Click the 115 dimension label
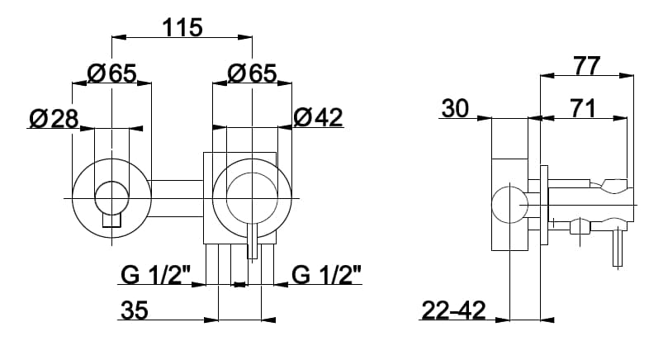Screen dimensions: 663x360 pos(182,27)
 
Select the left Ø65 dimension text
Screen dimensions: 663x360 pos(112,73)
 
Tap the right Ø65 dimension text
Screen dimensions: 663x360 pos(252,73)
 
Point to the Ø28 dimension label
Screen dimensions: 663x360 pos(54,118)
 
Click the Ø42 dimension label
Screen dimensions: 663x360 pos(318,117)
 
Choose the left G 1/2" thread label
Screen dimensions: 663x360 pos(155,276)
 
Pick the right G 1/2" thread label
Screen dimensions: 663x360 pos(327,276)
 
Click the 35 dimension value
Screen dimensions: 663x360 pos(135,310)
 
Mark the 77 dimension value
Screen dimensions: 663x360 pos(586,66)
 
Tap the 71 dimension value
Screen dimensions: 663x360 pos(583,108)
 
